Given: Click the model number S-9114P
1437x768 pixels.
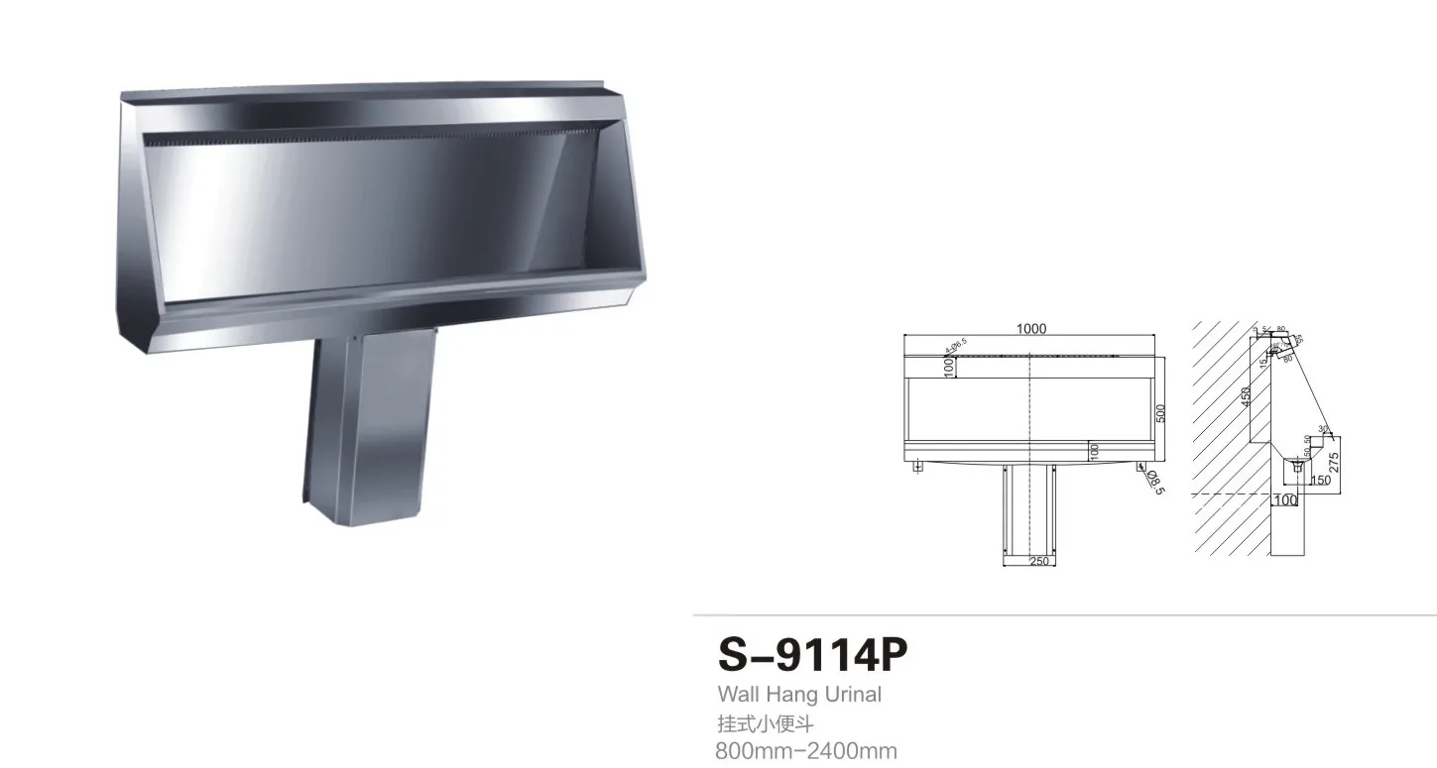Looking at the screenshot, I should click(x=811, y=655).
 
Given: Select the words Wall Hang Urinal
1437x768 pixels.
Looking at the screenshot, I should click(x=798, y=695).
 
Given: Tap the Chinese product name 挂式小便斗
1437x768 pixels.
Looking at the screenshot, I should click(x=765, y=723).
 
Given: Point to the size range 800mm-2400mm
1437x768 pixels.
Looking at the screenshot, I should click(x=805, y=751).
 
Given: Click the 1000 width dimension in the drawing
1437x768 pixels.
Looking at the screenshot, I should click(x=1031, y=329).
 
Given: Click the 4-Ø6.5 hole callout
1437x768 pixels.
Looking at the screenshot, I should click(x=957, y=345).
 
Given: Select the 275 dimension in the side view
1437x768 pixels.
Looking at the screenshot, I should click(x=1335, y=462).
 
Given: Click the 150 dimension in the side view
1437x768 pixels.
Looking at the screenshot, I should click(x=1320, y=481).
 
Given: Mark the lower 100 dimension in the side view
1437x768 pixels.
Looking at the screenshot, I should click(x=1285, y=500).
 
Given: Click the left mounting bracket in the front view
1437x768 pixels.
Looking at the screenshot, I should click(x=917, y=465).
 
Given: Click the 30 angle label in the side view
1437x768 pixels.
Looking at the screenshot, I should click(x=1323, y=429).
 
